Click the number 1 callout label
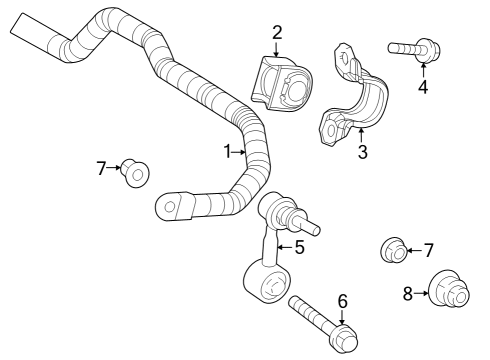[227, 152]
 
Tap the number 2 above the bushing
[277, 32]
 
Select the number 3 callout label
[363, 152]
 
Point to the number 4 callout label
[423, 87]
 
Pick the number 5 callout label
[298, 247]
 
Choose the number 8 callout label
[407, 293]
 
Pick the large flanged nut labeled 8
[446, 293]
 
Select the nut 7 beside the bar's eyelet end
[135, 174]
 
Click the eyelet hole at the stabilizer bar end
[170, 208]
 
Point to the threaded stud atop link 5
[308, 226]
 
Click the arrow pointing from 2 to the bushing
[277, 48]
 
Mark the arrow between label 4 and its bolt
[423, 70]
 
